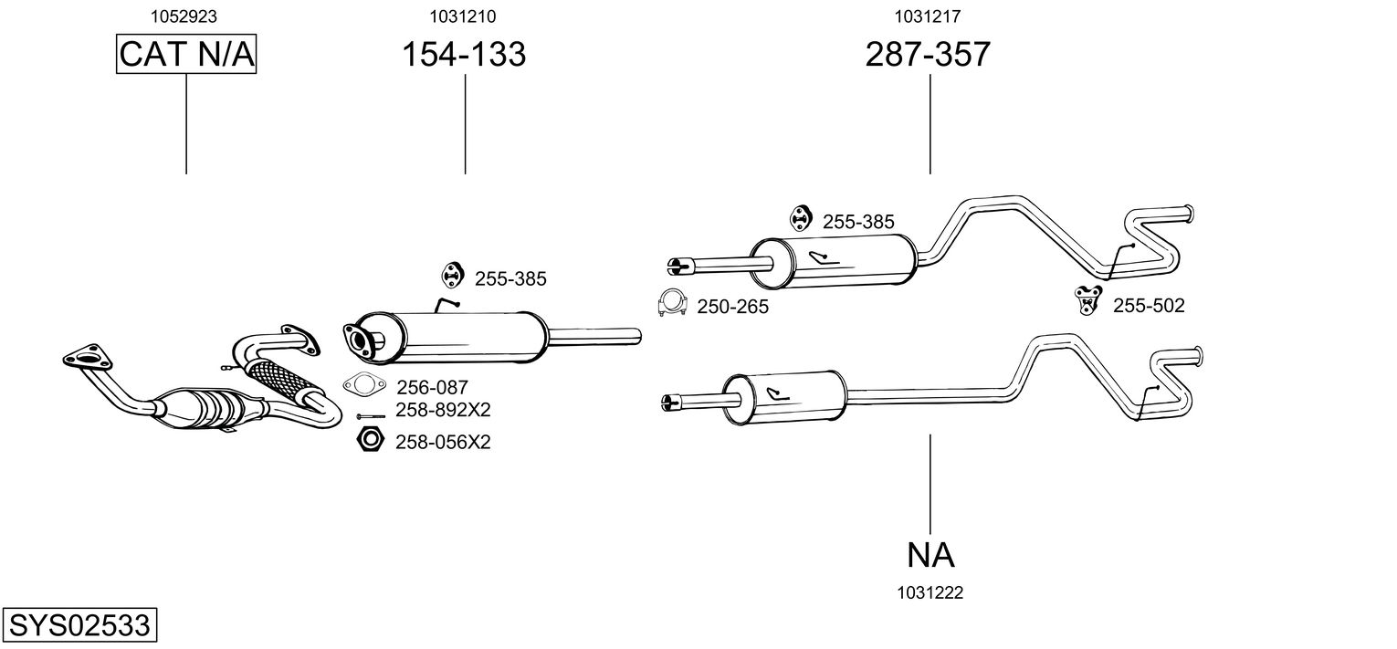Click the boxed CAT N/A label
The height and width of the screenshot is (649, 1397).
pyautogui.click(x=186, y=55)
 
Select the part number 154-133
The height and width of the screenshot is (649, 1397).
pyautogui.click(x=465, y=55)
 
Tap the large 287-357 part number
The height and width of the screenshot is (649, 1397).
pyautogui.click(x=928, y=55)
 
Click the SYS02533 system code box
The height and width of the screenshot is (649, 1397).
pyautogui.click(x=79, y=626)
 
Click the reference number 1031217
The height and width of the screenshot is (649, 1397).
pyautogui.click(x=928, y=16)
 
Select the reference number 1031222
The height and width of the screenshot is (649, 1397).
pyautogui.click(x=930, y=592)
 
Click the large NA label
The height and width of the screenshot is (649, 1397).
pyautogui.click(x=930, y=554)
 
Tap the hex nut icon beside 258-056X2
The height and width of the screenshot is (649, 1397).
pyautogui.click(x=368, y=441)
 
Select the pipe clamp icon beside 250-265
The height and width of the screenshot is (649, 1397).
pyautogui.click(x=673, y=303)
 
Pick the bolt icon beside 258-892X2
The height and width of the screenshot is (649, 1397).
pyautogui.click(x=369, y=416)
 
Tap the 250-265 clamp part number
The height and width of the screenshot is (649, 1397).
pyautogui.click(x=732, y=307)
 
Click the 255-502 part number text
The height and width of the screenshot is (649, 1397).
pyautogui.click(x=1148, y=306)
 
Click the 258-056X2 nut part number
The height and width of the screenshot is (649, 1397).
pyautogui.click(x=443, y=443)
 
